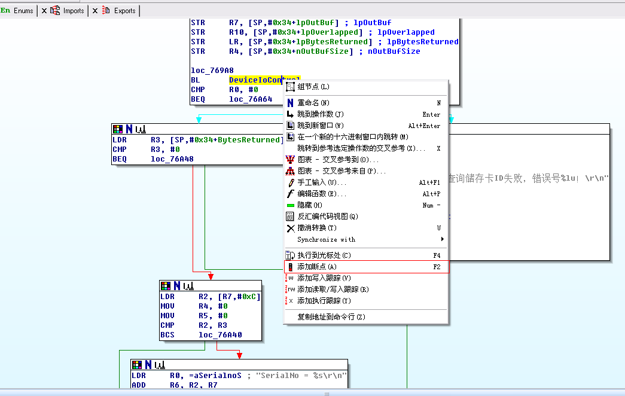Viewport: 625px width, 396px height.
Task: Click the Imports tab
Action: click(74, 11)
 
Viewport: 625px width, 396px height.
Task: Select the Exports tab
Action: click(124, 11)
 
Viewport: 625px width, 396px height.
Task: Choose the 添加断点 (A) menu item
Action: click(317, 267)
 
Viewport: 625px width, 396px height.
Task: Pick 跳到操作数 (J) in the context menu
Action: click(321, 114)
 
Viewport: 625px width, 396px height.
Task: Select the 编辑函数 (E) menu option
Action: click(321, 194)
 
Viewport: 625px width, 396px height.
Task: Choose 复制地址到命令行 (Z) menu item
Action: click(331, 317)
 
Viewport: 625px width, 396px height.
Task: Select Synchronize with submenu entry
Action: click(326, 239)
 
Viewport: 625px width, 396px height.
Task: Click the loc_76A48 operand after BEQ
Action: click(172, 159)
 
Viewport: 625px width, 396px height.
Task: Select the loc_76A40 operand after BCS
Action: click(221, 335)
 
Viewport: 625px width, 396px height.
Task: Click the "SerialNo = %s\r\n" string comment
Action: click(300, 376)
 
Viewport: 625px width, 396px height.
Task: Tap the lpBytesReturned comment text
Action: click(422, 42)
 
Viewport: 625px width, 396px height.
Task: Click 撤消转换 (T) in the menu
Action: click(317, 228)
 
